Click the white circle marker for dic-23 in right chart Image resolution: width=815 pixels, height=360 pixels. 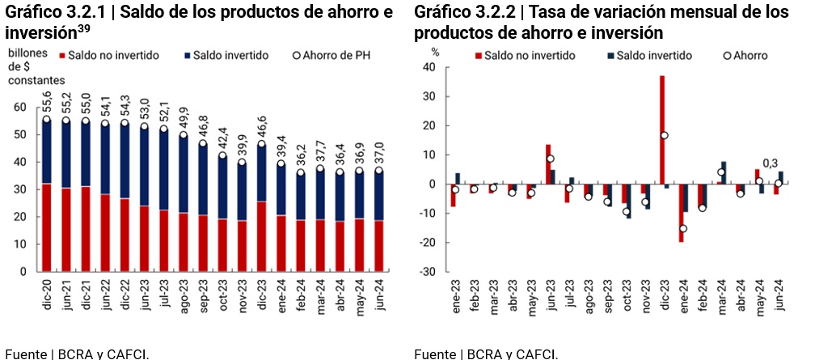665,135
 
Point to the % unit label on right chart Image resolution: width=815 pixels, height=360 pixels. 435,52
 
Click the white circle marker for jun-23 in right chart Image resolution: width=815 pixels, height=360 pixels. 550,159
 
